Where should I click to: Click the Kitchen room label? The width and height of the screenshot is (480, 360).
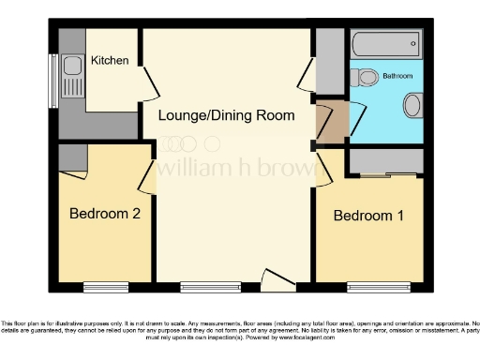110,61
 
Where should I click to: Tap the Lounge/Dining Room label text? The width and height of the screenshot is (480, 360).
226,115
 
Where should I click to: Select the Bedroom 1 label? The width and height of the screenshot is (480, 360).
369,216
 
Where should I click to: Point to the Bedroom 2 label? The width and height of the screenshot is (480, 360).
105,214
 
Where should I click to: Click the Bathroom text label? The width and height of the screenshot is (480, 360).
397,76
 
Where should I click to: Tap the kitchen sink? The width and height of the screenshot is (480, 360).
71,69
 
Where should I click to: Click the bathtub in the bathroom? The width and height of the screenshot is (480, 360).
385,44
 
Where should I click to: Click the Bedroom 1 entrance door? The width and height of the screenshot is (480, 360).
323,169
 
